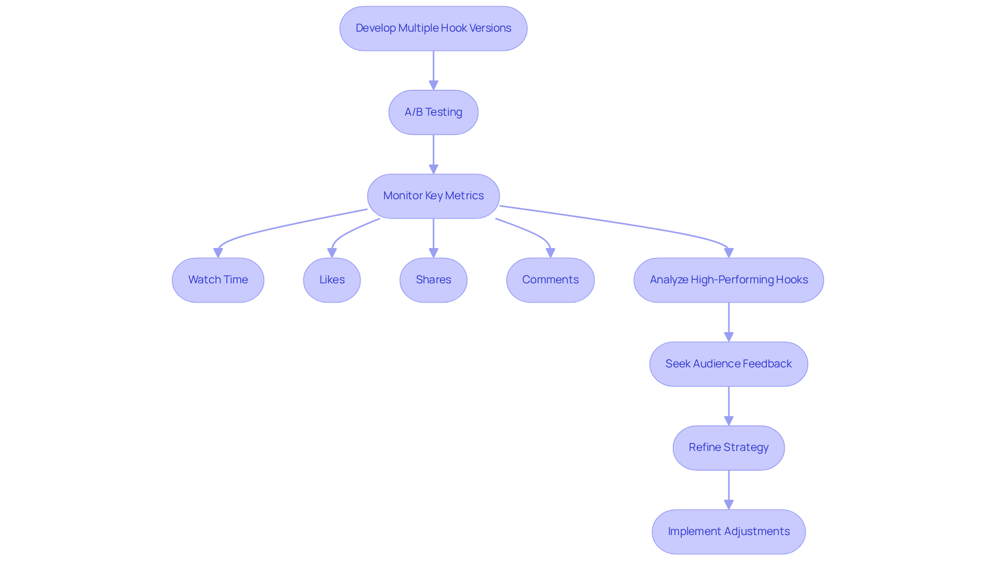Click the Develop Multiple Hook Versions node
(433, 29)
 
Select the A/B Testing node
(433, 112)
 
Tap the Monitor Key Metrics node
(433, 196)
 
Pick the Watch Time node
(218, 280)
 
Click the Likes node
(332, 280)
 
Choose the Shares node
(433, 280)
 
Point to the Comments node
(550, 280)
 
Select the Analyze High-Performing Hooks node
(728, 280)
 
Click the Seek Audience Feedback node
(728, 364)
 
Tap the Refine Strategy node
(728, 447)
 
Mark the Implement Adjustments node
(728, 531)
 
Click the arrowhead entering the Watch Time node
(218, 253)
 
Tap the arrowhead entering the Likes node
(332, 253)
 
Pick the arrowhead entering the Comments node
(550, 253)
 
